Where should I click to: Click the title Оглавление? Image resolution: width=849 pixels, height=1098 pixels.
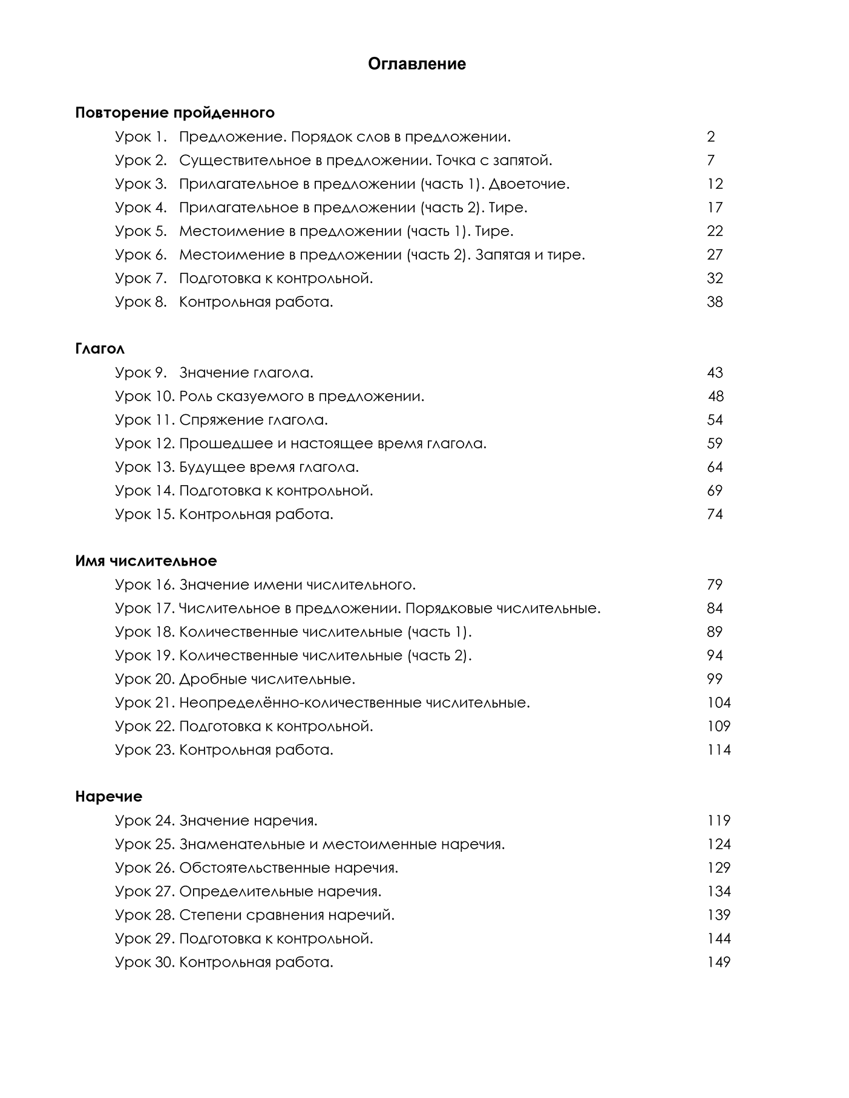click(417, 64)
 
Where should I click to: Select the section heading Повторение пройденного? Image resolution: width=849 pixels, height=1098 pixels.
click(174, 113)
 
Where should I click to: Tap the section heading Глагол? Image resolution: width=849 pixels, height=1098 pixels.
click(100, 348)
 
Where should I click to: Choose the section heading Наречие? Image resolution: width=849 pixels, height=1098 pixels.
click(108, 797)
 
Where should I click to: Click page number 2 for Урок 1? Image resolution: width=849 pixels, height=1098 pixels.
click(711, 137)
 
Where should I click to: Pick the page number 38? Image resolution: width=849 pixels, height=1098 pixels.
click(715, 302)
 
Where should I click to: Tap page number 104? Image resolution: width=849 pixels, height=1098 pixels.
click(718, 703)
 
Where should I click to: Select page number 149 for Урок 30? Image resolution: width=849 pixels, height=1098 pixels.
click(718, 962)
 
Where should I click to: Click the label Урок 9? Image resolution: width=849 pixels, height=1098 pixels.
click(140, 373)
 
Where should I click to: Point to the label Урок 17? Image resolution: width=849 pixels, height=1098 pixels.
click(145, 609)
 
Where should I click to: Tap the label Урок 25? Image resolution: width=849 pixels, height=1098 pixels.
click(145, 845)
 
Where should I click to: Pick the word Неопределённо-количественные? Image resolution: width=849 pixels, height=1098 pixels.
click(300, 703)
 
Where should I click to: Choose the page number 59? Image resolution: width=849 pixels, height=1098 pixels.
click(715, 443)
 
